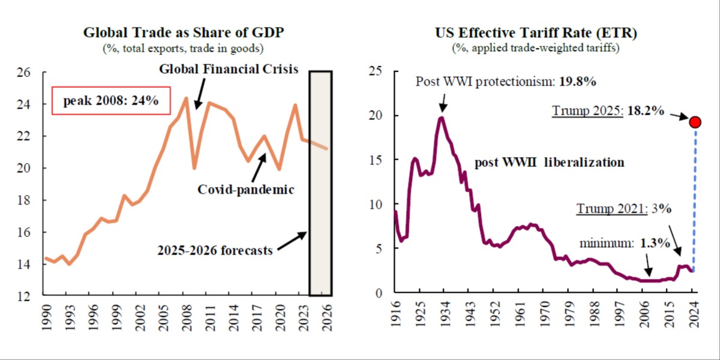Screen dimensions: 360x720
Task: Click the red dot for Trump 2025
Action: pos(695,122)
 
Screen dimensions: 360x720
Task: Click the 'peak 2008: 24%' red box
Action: pos(111,101)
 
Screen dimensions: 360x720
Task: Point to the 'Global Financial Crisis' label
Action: pos(229,69)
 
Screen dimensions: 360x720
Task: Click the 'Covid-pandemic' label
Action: pos(246,190)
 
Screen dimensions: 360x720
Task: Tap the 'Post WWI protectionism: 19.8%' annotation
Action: pos(506,82)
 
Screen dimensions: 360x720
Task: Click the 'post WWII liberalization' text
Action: pos(549,162)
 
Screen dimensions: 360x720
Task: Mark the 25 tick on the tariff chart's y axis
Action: pos(376,71)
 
